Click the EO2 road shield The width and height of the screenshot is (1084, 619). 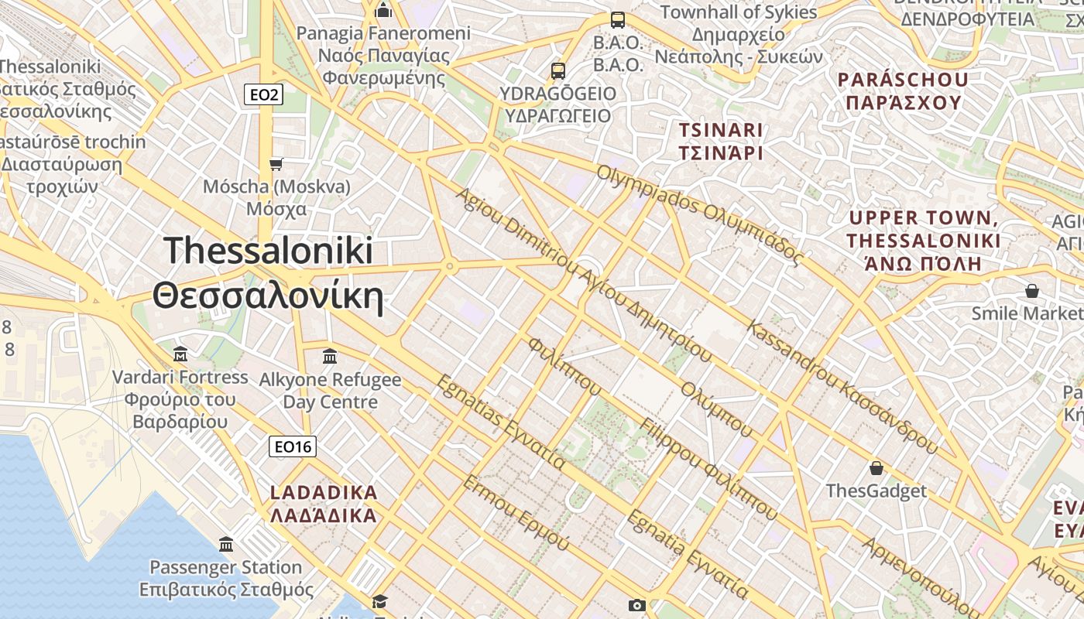[263, 95]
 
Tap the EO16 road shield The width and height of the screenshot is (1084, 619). [293, 446]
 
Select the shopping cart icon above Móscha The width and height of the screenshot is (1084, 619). [276, 164]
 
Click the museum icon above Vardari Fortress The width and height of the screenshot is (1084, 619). [180, 354]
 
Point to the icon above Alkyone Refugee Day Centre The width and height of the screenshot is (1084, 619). [330, 356]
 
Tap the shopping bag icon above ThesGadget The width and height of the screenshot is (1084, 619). [876, 468]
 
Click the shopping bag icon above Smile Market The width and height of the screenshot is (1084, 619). [1031, 291]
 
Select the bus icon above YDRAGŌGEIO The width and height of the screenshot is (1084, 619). [557, 71]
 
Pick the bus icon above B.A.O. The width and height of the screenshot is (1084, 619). [617, 20]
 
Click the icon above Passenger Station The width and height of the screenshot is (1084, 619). [226, 544]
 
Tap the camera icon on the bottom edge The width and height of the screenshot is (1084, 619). [636, 605]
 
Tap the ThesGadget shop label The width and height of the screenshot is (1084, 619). [876, 491]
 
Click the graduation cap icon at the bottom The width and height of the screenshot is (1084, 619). [379, 602]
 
